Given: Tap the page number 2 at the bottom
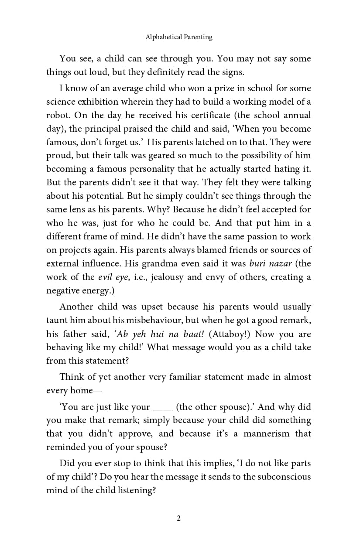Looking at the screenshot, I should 179,518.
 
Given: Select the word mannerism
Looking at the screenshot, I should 266,434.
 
